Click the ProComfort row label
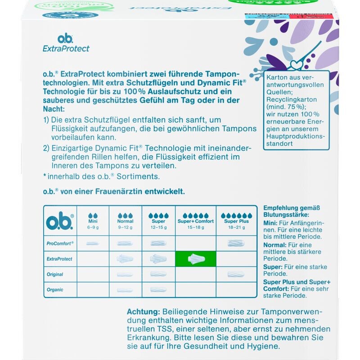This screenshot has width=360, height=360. pyautogui.click(x=60, y=243)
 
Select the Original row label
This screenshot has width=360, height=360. pyautogui.click(x=55, y=274)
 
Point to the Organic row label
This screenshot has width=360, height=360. pyautogui.click(x=55, y=290)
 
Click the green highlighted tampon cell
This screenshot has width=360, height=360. pyautogui.click(x=196, y=259)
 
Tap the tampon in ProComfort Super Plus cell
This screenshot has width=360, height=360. pyautogui.click(x=236, y=243)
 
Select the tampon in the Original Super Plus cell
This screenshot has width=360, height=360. pyautogui.click(x=236, y=274)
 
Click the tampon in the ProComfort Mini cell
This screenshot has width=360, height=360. pyautogui.click(x=93, y=243)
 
